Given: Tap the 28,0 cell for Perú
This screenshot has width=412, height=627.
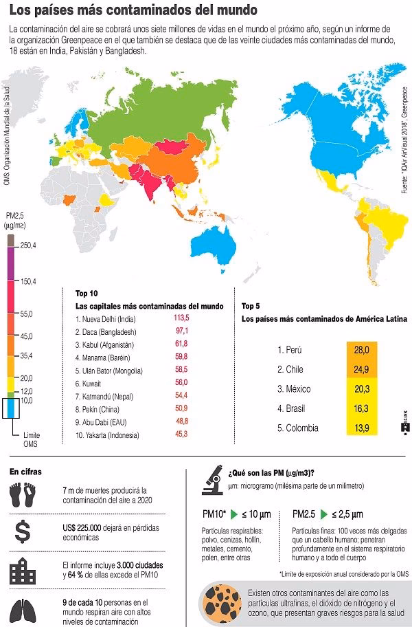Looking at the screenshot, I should (361, 350).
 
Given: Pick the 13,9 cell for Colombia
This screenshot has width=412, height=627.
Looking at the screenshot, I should (361, 428).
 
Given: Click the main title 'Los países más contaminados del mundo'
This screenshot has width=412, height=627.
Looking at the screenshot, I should (133, 10).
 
